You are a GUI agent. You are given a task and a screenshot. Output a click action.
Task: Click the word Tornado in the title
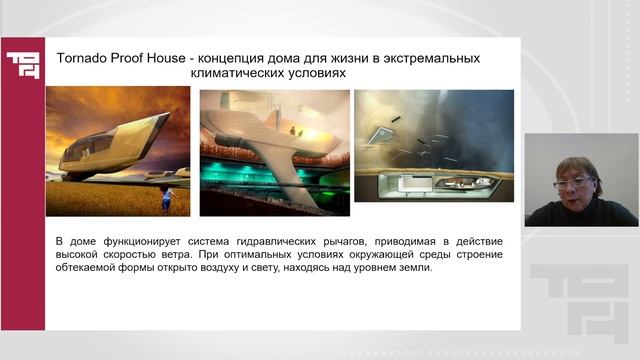pos(83,58)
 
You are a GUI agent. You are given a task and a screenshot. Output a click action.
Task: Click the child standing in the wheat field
pos(168,196)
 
